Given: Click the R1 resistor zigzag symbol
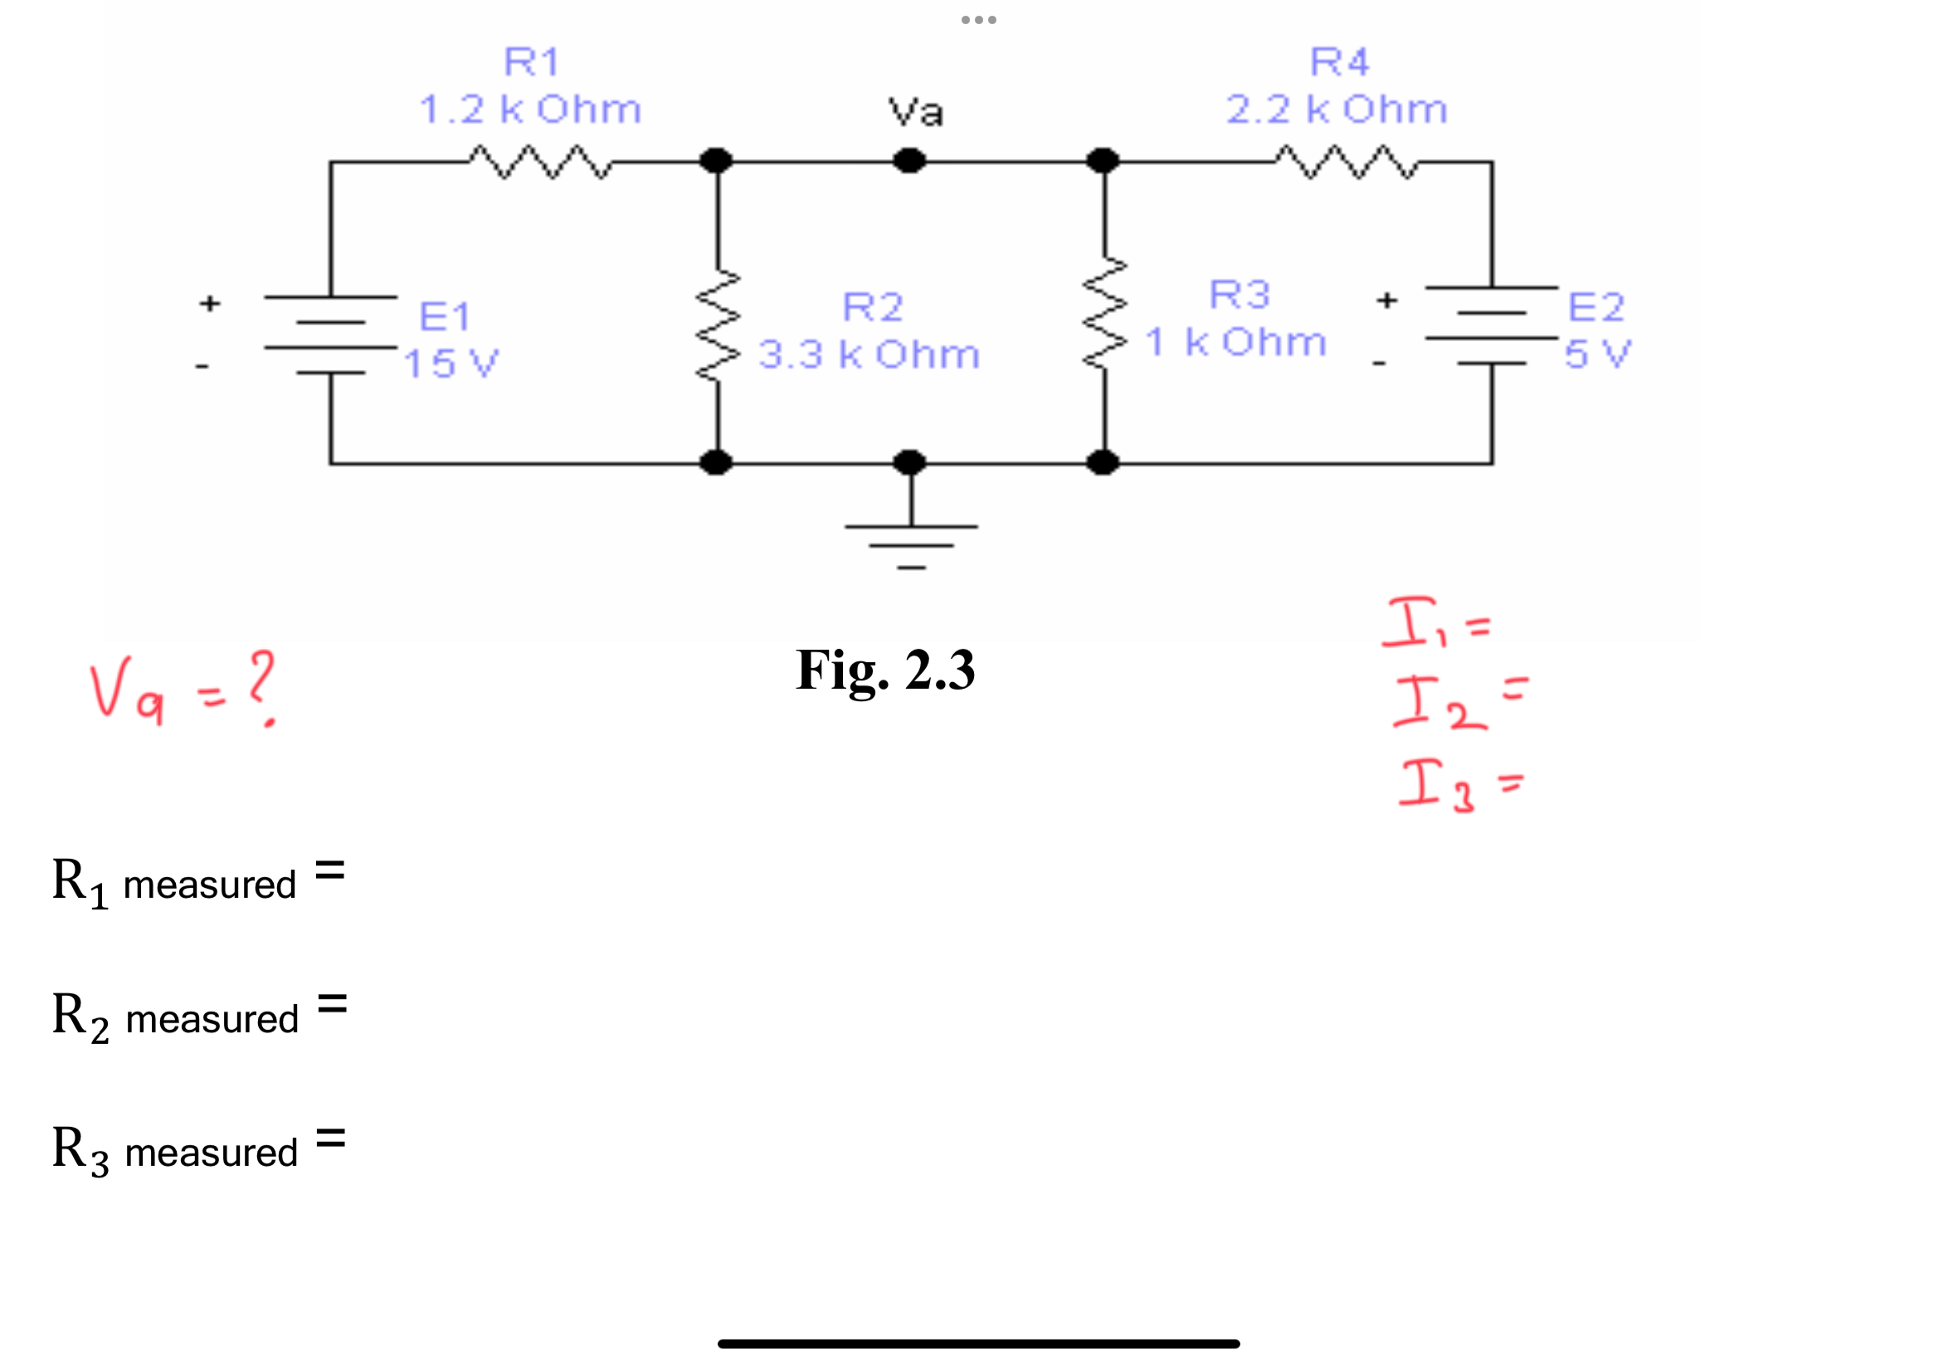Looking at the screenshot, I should [x=538, y=162].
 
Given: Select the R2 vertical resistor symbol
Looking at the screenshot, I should [x=718, y=326].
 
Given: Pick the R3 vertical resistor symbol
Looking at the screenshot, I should [x=1105, y=314].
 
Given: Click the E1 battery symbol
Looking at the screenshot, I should [x=331, y=335].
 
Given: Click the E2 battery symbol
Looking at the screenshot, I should [x=1491, y=326].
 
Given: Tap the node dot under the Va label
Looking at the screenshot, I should [x=909, y=160].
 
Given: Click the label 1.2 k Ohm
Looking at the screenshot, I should [x=529, y=110].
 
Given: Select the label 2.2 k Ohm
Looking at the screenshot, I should [x=1336, y=110].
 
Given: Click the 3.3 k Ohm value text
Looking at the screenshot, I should [x=869, y=354].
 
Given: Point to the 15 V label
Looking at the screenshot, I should [x=450, y=364].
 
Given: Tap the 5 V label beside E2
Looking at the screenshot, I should [x=1596, y=353].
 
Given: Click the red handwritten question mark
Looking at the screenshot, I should [x=262, y=685].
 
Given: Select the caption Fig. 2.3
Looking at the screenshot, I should [x=884, y=671].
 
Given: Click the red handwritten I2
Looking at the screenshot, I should [x=1438, y=703].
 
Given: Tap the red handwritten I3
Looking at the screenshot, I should [x=1435, y=785].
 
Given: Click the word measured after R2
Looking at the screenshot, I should [x=212, y=1020].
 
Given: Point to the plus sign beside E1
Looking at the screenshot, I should [x=210, y=304].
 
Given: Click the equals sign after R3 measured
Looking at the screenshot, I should [x=330, y=1139].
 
